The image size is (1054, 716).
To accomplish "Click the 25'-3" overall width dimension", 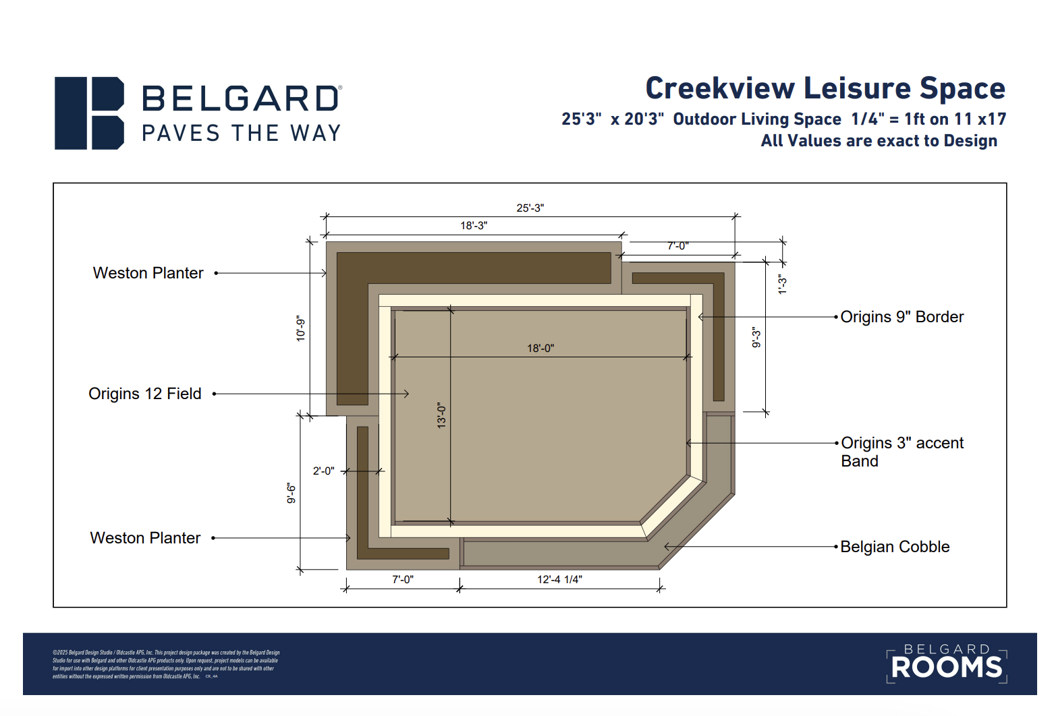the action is (x=530, y=208).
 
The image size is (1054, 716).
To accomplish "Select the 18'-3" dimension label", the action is (x=474, y=226).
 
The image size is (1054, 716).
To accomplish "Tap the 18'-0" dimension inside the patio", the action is (x=540, y=349).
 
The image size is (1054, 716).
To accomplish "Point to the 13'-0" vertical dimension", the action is (x=441, y=415).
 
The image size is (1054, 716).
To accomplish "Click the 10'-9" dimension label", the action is (x=301, y=328).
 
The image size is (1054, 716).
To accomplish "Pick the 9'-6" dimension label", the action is (x=292, y=493).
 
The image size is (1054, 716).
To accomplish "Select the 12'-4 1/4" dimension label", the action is (x=559, y=579).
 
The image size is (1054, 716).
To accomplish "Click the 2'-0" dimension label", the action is (x=323, y=471).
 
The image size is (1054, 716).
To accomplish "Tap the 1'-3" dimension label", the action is (x=782, y=284).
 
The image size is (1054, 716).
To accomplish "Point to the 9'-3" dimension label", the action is (x=756, y=337).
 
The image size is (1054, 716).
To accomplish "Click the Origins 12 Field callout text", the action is (x=145, y=394).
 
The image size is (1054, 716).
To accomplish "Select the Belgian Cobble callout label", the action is (x=895, y=547).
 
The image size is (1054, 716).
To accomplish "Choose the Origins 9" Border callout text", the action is (x=902, y=317).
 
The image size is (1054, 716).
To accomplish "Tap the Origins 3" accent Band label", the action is (x=902, y=452).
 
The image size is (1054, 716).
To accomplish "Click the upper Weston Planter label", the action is (x=148, y=273).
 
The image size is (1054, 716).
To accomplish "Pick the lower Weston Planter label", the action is (x=146, y=538).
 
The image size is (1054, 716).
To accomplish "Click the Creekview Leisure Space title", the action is (x=825, y=88).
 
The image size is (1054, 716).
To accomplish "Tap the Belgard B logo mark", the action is (x=89, y=113).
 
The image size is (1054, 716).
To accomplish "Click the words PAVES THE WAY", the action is (x=241, y=133).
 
